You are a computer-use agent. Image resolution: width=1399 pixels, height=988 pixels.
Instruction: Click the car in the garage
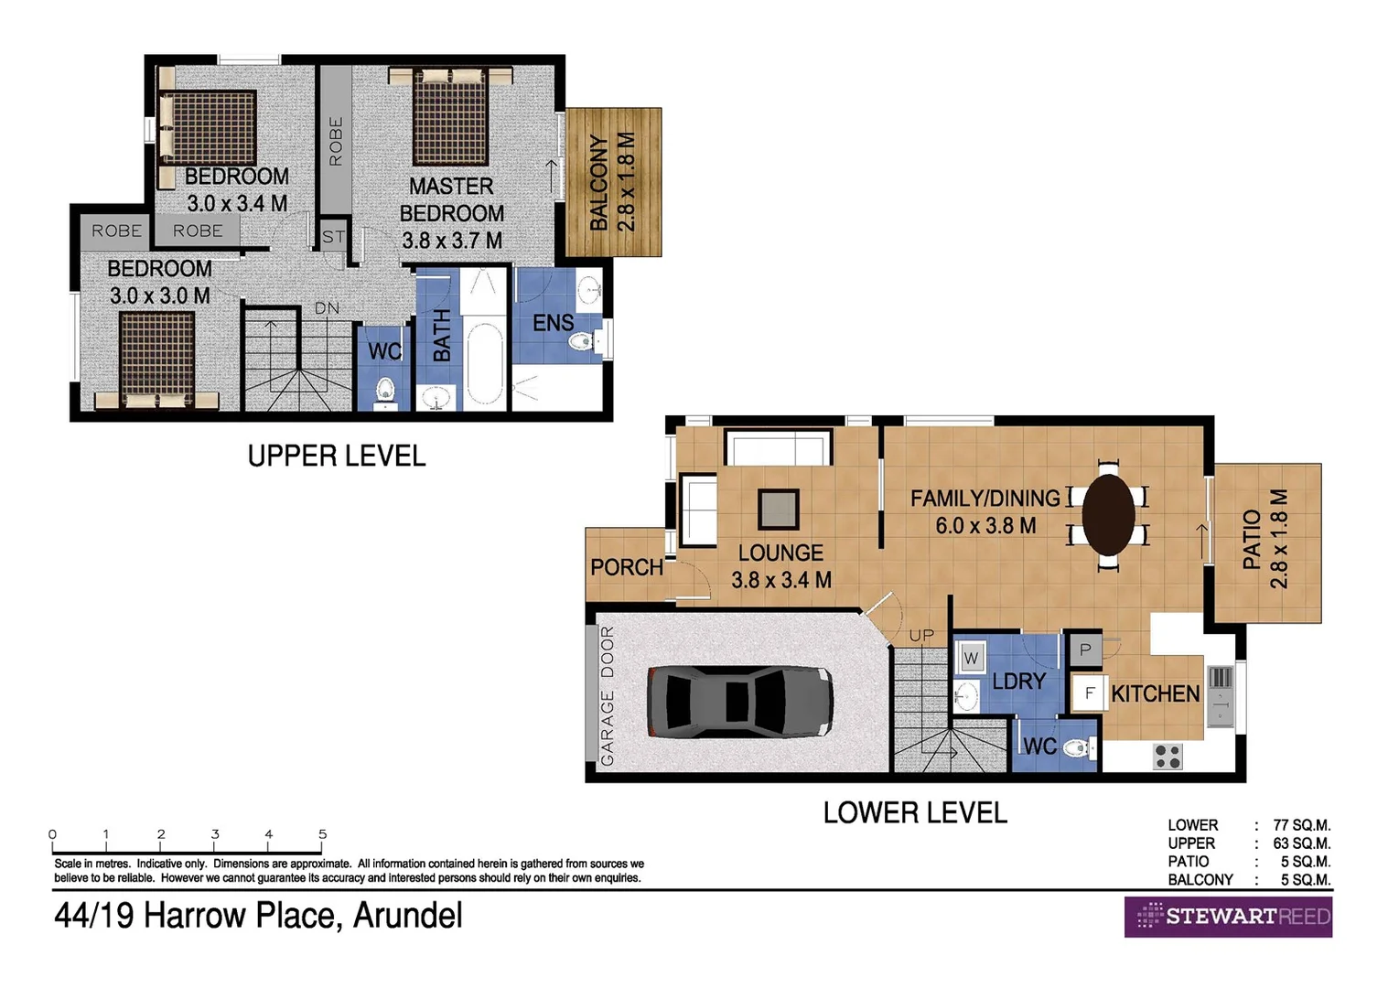point(739,702)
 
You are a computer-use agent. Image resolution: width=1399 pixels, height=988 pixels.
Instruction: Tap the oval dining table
point(1108,514)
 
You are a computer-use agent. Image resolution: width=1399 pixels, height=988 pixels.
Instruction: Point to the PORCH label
point(627,567)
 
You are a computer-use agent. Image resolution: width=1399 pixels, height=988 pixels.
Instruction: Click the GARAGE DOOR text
point(608,696)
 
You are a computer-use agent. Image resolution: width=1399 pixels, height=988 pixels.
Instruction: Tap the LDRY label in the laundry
point(1018,682)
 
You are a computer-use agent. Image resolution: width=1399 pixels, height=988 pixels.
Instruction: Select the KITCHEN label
point(1155,694)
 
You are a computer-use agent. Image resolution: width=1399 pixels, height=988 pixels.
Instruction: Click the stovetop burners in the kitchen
point(1168,757)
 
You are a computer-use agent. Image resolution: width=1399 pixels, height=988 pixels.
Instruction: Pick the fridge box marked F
point(1089,693)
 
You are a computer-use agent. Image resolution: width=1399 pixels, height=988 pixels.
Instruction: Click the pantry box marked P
point(1085,650)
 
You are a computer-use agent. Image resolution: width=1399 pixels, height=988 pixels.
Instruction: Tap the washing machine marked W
point(971,658)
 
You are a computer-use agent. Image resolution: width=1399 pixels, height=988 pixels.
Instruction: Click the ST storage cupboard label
point(333,237)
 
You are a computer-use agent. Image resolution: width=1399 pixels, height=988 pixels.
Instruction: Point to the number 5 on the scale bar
point(322,834)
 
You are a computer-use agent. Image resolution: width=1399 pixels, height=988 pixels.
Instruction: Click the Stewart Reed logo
point(1228,917)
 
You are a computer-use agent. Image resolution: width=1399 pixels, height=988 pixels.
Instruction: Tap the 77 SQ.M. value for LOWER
point(1301,825)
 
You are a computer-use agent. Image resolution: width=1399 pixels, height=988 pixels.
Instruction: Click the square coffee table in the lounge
point(778,510)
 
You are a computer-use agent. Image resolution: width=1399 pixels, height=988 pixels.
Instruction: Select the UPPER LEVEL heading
point(337,456)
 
